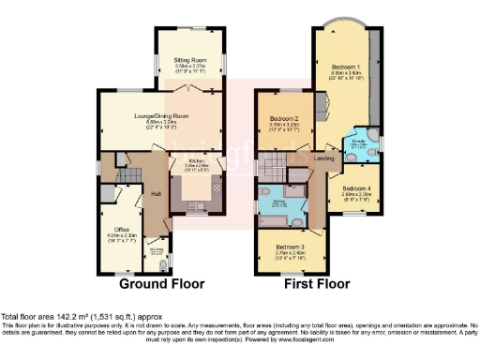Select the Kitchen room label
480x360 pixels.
tap(196, 163)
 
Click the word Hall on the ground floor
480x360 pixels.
tap(157, 194)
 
